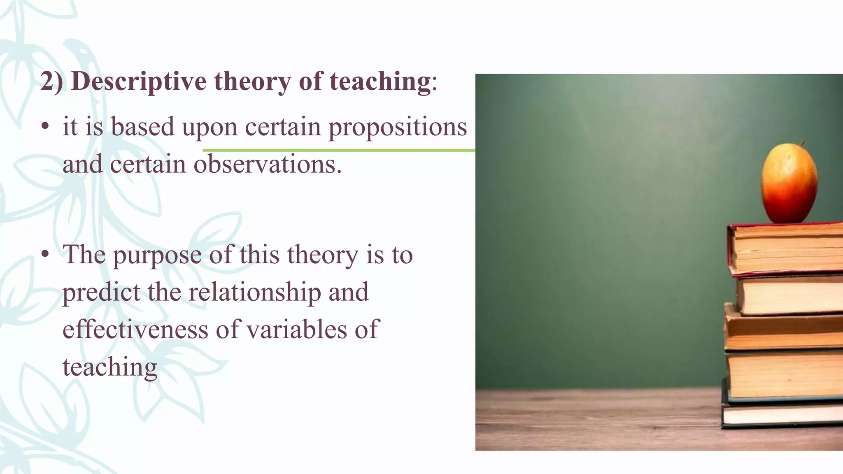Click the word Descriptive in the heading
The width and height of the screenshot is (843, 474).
pos(138,81)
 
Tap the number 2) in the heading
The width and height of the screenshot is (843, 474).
pos(52,81)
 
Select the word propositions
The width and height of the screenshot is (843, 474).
pos(397,128)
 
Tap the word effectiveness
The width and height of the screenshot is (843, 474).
pos(135,330)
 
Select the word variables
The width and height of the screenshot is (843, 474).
pos(282,330)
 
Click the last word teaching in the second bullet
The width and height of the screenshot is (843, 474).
pos(110,367)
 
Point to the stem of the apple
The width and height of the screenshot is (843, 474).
pos(801,144)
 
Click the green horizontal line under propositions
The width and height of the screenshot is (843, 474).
pos(338,151)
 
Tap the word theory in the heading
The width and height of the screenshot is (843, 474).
pos(252,81)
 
